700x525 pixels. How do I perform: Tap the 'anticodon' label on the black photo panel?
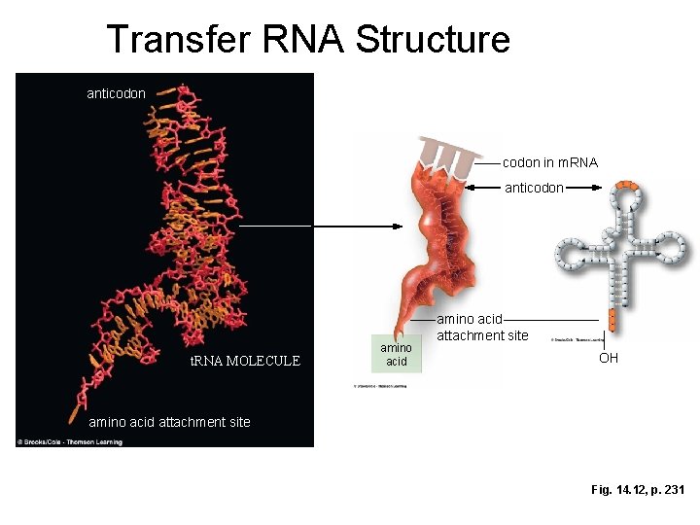coord(116,93)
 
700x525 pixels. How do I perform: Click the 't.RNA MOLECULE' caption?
coord(245,361)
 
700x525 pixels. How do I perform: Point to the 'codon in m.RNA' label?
coord(549,162)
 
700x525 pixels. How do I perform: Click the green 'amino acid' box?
coord(396,354)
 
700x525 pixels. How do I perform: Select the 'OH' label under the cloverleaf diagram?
coord(608,358)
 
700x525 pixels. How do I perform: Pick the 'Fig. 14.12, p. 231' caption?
coord(637,490)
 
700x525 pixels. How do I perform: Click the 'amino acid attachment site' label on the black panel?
coord(169,422)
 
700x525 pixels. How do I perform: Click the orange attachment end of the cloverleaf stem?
coord(612,318)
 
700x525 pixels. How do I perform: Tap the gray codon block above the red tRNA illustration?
coord(448,151)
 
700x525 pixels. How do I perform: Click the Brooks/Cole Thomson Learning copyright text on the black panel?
coord(67,441)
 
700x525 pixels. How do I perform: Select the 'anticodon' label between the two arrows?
coord(534,188)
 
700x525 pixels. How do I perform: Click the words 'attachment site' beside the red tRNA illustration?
coord(482,335)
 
